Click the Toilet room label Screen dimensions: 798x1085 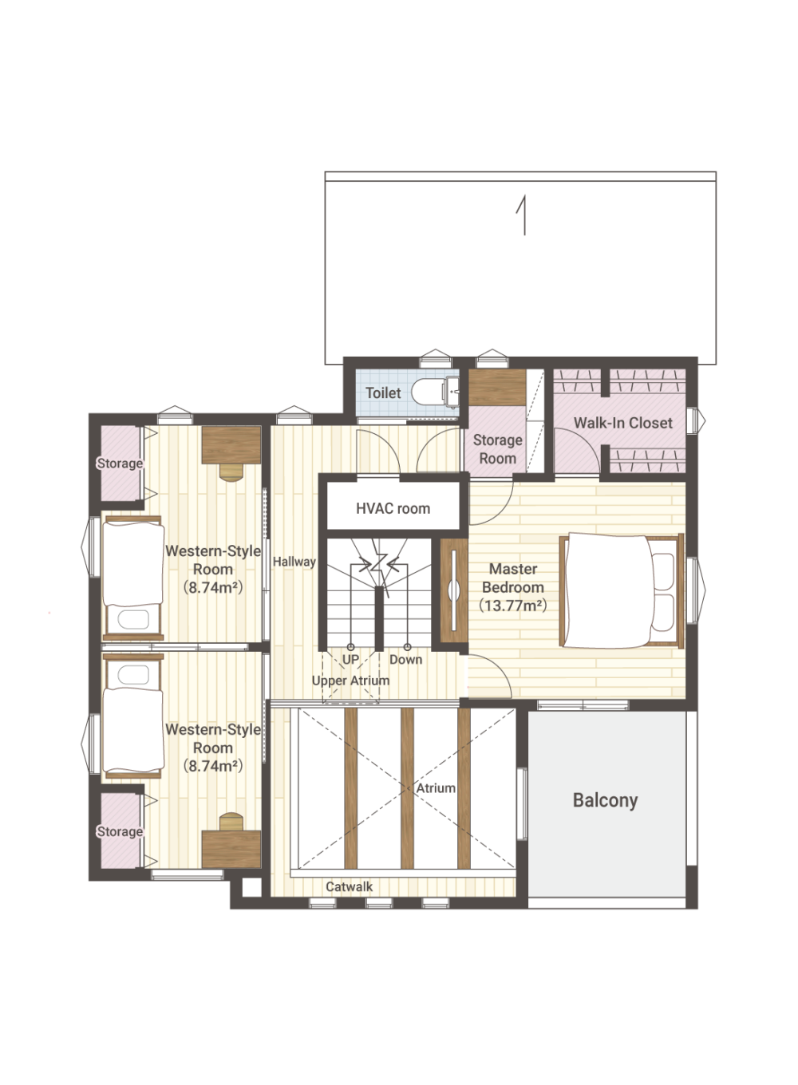tap(383, 393)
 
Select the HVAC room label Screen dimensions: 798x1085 tap(393, 509)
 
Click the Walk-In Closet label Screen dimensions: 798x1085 tap(622, 423)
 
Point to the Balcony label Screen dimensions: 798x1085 tap(605, 800)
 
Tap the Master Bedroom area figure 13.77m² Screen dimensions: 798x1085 tap(513, 606)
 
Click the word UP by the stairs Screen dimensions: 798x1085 tap(351, 660)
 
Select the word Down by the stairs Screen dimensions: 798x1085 tap(405, 660)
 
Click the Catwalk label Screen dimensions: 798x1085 tap(349, 887)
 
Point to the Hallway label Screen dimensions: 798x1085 tap(294, 562)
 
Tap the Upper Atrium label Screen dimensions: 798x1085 tap(350, 681)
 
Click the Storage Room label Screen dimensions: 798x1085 tap(498, 449)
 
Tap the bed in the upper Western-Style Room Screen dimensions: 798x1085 tap(133, 578)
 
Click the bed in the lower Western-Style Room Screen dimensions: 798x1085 tap(133, 716)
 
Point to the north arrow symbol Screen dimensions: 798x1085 tap(521, 215)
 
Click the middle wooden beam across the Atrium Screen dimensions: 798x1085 tap(408, 788)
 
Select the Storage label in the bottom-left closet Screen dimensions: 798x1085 tap(120, 831)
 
